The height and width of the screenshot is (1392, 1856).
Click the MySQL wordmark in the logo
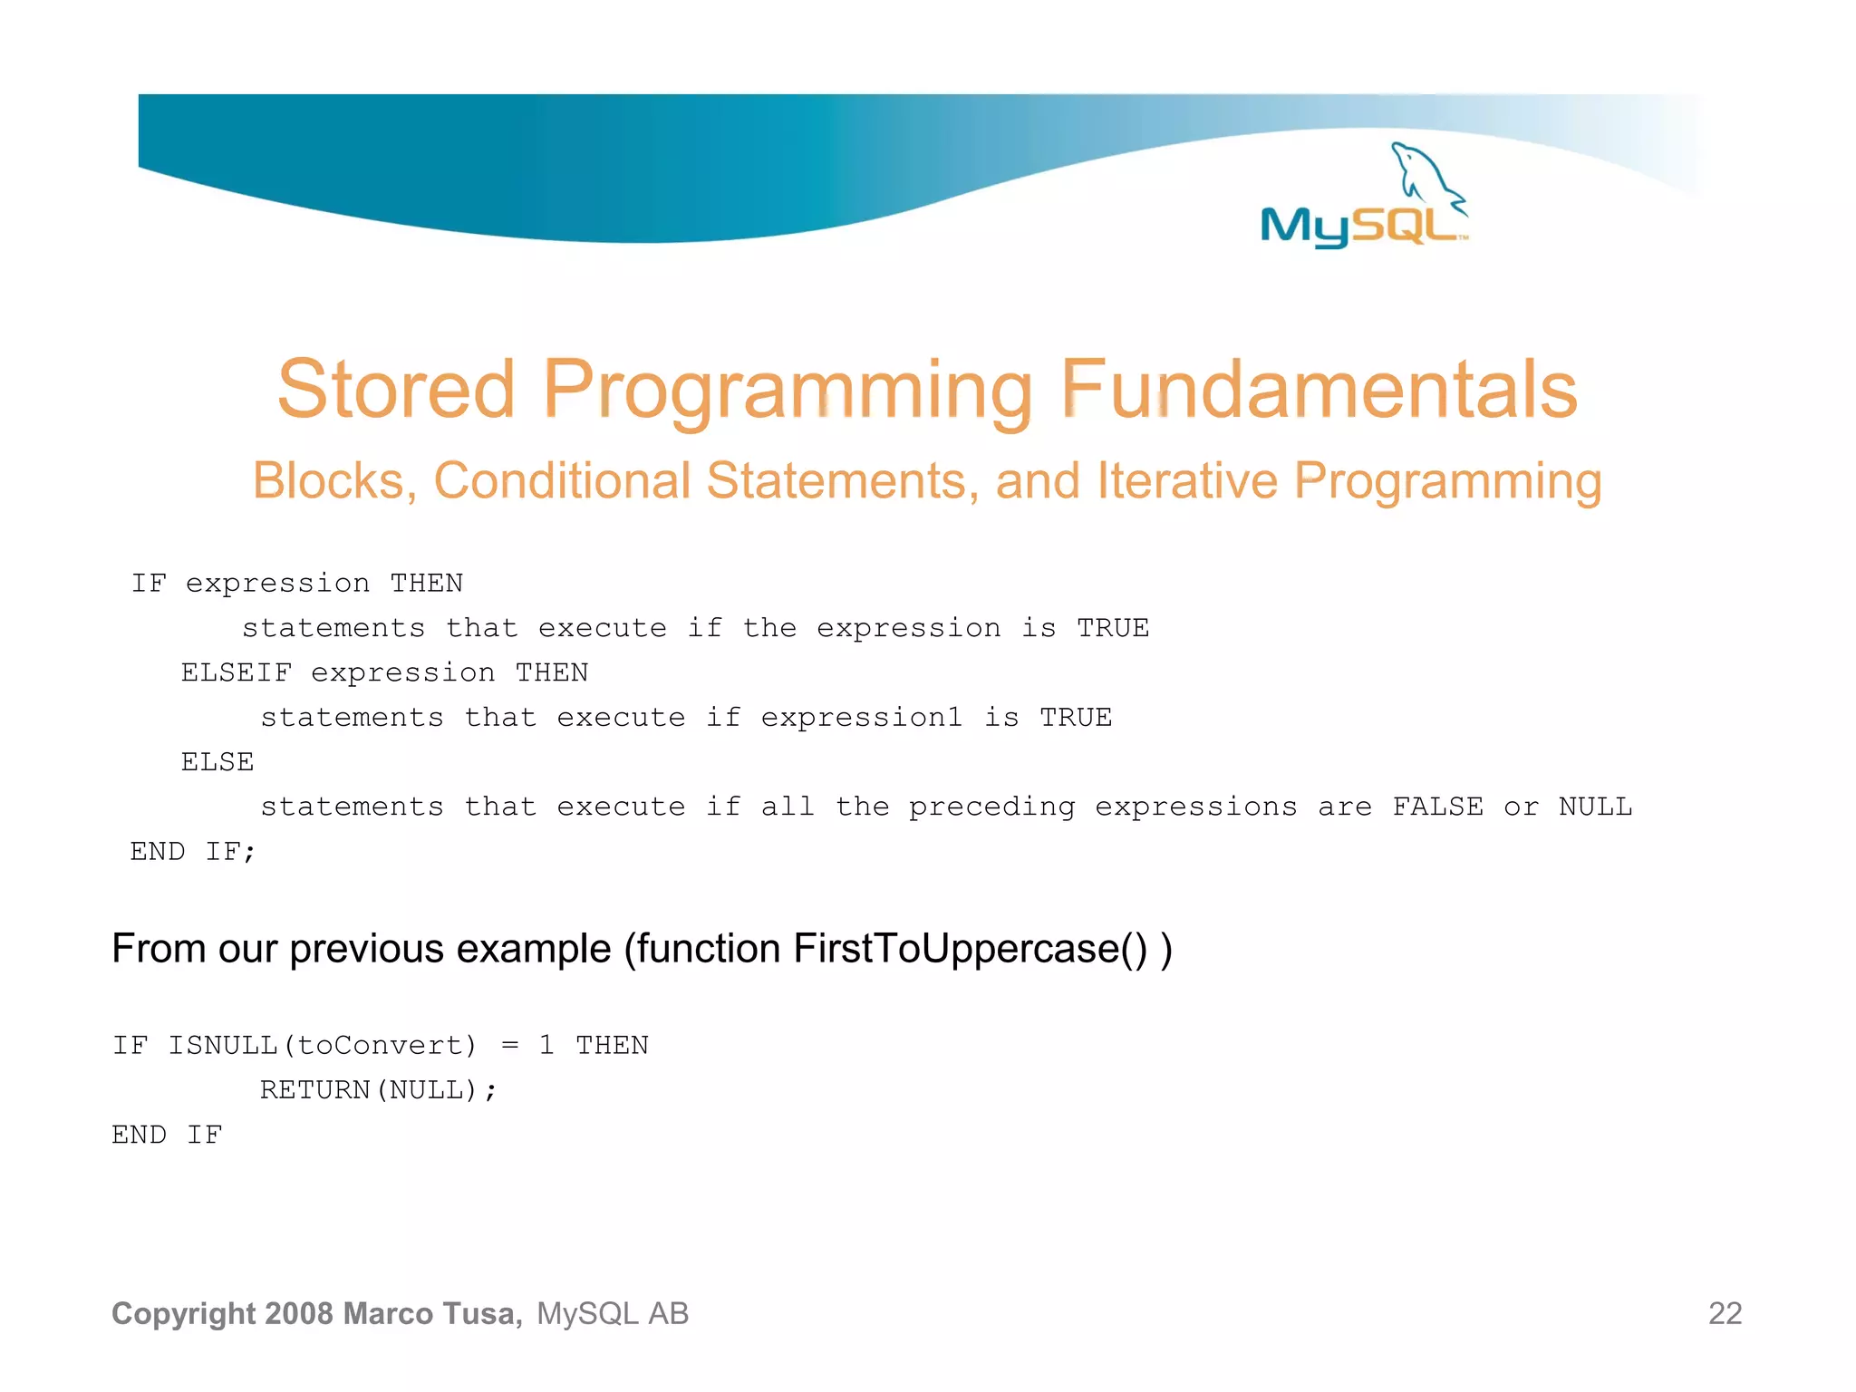click(x=1359, y=226)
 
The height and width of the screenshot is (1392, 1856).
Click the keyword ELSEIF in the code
click(x=236, y=672)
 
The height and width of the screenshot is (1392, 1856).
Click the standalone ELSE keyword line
click(x=217, y=762)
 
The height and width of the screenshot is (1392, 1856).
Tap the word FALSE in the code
click(x=1437, y=807)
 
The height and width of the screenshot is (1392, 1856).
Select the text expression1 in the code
click(x=861, y=718)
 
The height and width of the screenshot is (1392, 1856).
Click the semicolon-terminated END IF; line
click(x=193, y=852)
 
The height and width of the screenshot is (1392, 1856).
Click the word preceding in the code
click(x=991, y=807)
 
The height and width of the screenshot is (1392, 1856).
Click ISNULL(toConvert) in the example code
click(x=322, y=1046)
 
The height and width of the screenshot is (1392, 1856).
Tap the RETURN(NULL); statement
click(x=378, y=1090)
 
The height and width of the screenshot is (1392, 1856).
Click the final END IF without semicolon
click(x=167, y=1135)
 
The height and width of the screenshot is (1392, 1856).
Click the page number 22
click(x=1725, y=1314)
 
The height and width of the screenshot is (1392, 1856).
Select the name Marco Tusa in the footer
click(x=432, y=1314)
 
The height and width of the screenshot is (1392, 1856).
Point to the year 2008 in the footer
click(x=300, y=1314)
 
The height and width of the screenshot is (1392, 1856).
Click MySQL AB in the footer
click(x=613, y=1314)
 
